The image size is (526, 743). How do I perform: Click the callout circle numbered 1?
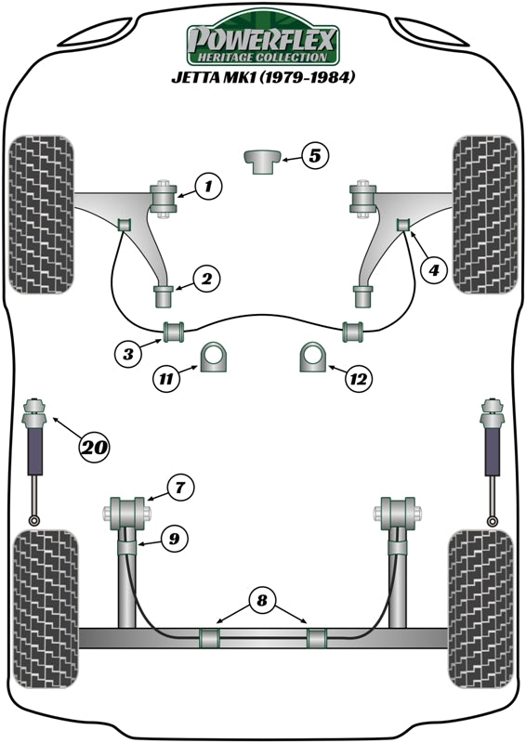208,188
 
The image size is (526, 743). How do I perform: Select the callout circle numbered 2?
206,278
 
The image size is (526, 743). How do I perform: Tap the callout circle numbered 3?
130,352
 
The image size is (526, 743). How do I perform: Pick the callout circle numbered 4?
432,270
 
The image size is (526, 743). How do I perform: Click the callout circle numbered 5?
315,156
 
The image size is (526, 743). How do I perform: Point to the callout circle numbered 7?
181,486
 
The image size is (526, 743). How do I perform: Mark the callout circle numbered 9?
172,536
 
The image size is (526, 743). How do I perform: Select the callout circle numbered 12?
360,378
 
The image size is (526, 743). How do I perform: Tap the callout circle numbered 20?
93,449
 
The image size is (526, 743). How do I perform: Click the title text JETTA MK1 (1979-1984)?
263,78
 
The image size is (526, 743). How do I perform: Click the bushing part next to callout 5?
261,160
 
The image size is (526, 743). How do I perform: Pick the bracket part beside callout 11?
215,357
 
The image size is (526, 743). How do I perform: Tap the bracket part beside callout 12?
313,357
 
